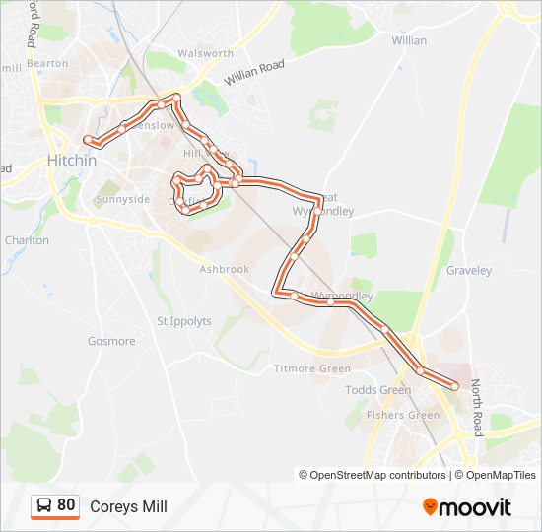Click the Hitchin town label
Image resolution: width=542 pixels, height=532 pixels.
(72, 161)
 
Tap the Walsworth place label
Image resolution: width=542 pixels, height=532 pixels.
(206, 53)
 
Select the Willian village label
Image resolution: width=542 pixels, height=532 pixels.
(409, 40)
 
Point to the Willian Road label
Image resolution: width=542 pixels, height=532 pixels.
(253, 71)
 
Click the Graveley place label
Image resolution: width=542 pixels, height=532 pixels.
(468, 270)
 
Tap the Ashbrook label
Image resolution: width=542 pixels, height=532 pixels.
(225, 269)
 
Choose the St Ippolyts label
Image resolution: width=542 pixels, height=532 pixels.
(184, 321)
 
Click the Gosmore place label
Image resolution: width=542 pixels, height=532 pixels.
(111, 341)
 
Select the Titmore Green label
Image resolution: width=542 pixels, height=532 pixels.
(311, 369)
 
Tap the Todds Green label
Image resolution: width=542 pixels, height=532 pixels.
(378, 390)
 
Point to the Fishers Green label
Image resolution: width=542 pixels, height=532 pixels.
(403, 415)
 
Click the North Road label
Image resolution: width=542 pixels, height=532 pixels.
(476, 409)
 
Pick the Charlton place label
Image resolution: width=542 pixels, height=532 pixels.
(27, 240)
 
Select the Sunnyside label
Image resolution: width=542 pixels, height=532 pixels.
(123, 199)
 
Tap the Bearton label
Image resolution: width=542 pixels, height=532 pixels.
(47, 63)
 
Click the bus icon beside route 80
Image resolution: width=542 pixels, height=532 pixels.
(44, 506)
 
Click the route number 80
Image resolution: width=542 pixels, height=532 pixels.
(66, 505)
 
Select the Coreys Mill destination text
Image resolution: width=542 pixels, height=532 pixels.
(128, 507)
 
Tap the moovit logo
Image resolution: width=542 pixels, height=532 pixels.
(467, 507)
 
